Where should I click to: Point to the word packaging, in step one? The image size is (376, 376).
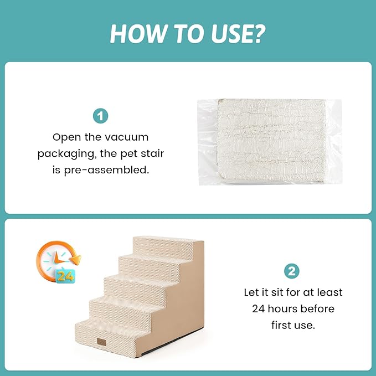click(63, 153)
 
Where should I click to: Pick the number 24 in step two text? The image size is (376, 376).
click(261, 308)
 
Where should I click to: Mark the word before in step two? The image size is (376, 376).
click(318, 308)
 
